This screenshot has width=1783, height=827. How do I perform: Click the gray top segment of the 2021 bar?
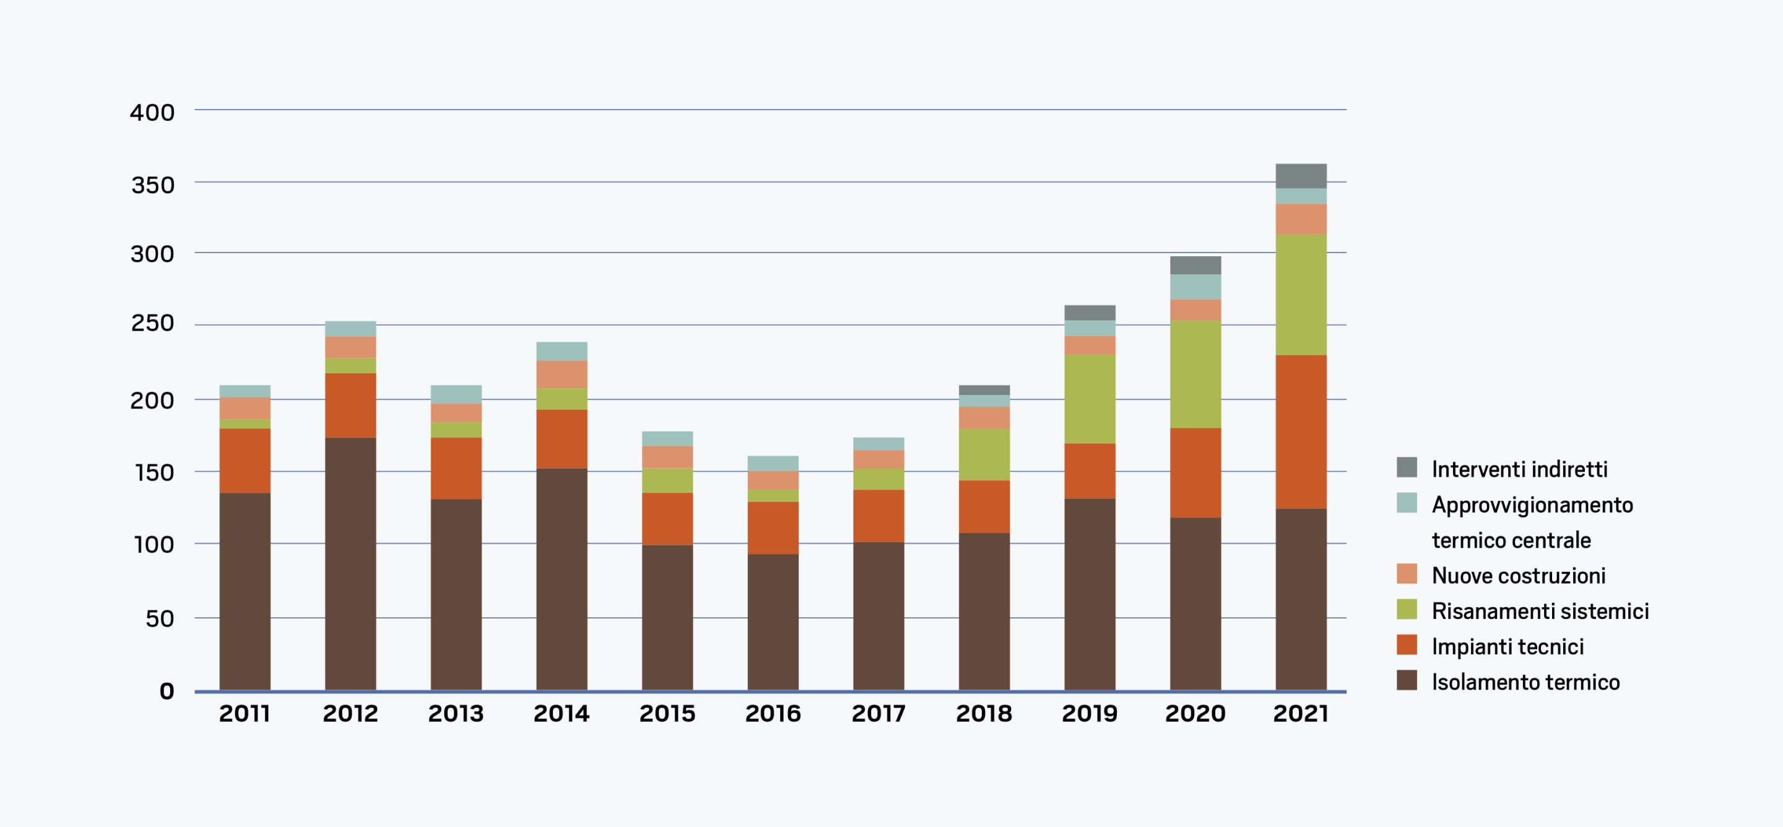(1301, 176)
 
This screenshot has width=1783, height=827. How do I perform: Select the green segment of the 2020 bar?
(1195, 374)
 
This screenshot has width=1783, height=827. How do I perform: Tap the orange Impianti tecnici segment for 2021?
(1301, 432)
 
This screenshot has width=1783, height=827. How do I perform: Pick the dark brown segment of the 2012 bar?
(350, 563)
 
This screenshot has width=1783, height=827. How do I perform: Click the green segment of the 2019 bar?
(1090, 399)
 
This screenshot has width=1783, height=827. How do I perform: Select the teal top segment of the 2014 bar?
(562, 351)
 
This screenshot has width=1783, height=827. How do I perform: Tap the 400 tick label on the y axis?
(152, 112)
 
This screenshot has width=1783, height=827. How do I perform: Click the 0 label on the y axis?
(166, 691)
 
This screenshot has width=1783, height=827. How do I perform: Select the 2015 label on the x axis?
(667, 714)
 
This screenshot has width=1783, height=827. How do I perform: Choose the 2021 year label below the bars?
(1301, 714)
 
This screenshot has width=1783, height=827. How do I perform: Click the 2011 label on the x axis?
(245, 714)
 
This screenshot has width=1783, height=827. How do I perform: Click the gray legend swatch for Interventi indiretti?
(1407, 467)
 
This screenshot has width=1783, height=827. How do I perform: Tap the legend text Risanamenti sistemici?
(1540, 611)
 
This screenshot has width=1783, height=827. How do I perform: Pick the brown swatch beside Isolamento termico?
(1407, 680)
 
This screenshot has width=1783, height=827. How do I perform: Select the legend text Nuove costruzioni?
(1519, 575)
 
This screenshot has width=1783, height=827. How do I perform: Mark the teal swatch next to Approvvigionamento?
(1407, 503)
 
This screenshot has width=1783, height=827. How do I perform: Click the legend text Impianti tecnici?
(1508, 646)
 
